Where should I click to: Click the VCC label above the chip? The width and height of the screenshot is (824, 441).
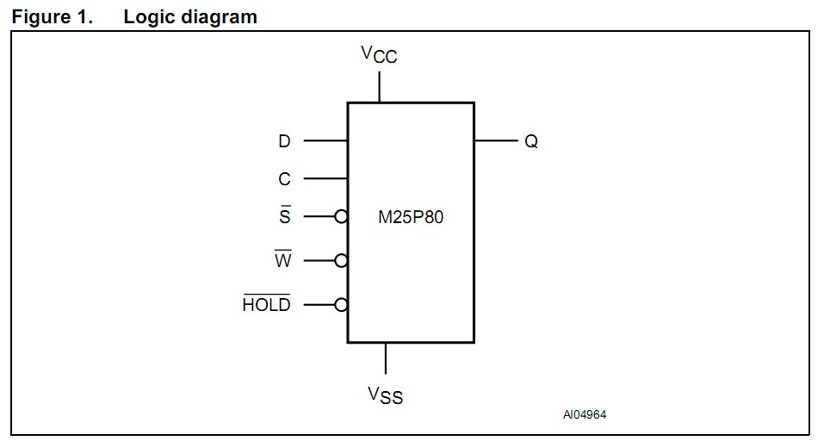tap(379, 55)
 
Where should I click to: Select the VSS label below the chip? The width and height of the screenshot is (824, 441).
tap(385, 395)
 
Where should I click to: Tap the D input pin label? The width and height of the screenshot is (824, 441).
tap(284, 141)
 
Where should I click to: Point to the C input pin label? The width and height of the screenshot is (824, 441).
tap(284, 179)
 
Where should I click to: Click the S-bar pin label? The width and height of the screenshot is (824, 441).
tap(284, 216)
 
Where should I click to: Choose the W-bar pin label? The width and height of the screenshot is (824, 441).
tap(283, 260)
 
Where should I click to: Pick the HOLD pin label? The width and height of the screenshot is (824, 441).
tap(267, 304)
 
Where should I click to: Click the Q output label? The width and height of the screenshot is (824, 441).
tap(531, 141)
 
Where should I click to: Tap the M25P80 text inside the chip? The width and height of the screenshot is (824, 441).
tap(411, 217)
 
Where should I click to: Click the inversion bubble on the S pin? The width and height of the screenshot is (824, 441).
tap(342, 217)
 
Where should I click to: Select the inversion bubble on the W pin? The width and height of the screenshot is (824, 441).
tap(342, 260)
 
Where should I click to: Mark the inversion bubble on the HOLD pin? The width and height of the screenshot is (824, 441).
tap(342, 304)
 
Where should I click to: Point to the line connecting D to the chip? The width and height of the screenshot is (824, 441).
tap(325, 140)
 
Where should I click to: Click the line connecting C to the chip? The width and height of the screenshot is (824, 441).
tap(325, 179)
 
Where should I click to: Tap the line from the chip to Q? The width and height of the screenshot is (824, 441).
tap(495, 140)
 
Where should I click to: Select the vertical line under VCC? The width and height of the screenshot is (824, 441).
tap(380, 87)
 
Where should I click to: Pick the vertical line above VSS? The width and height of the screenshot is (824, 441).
tap(386, 358)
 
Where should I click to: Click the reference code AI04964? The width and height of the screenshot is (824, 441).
tap(585, 415)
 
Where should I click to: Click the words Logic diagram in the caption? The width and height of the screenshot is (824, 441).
tap(190, 17)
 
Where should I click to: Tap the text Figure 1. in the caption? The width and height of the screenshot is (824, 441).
tap(52, 17)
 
